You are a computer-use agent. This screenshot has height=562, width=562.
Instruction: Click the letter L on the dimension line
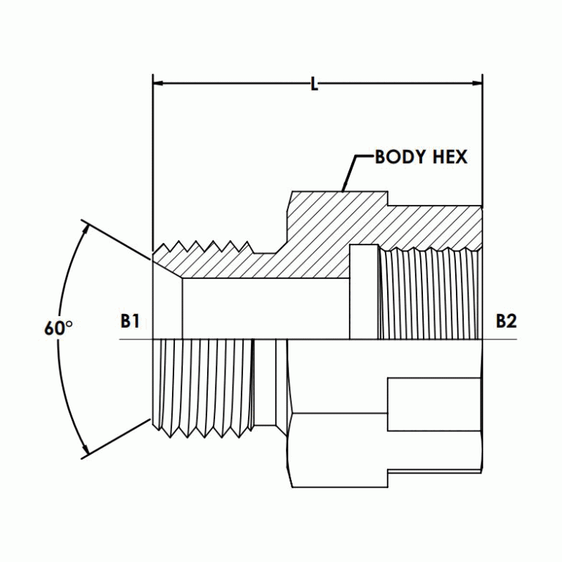[315, 85]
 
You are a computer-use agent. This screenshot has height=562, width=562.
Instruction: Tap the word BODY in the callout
[400, 157]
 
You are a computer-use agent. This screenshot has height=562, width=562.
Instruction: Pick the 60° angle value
[58, 329]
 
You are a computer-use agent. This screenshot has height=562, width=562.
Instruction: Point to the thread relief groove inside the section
[363, 293]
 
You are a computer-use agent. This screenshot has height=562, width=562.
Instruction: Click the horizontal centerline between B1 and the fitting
[135, 340]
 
